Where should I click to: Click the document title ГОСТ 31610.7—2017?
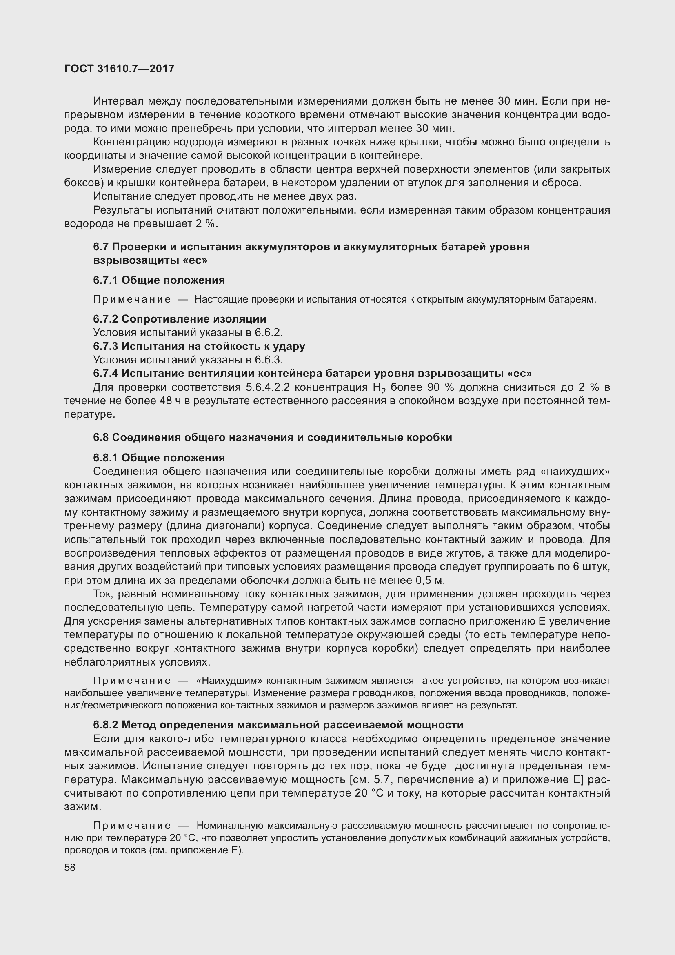coord(119,69)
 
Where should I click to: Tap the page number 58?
coord(70,867)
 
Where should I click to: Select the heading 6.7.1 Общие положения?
coord(159,280)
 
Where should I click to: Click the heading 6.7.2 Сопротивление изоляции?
coord(180,318)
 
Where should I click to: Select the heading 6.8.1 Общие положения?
coord(159,458)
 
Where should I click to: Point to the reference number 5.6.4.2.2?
coord(269,387)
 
